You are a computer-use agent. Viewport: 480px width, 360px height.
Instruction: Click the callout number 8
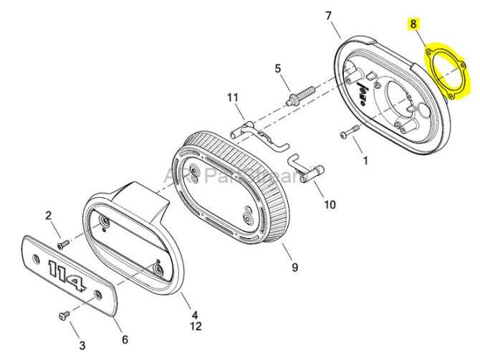[x=413, y=24]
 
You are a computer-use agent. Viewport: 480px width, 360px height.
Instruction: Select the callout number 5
[x=277, y=69]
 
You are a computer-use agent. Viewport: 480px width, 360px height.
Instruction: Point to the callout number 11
[x=231, y=98]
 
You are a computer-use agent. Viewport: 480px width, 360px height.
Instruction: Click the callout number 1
[x=365, y=161]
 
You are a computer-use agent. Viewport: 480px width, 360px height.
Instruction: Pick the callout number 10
[x=329, y=204]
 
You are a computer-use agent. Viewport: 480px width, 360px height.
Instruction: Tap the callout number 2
[x=49, y=215]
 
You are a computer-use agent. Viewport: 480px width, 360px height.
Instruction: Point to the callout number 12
[x=194, y=328]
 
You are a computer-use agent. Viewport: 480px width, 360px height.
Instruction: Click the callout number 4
[x=194, y=313]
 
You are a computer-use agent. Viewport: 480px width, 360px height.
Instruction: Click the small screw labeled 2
[x=63, y=244]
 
